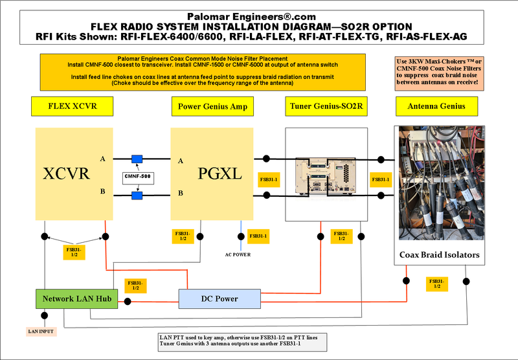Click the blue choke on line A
click(137, 159)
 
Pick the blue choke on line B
click(137, 194)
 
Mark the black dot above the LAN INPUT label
click(44, 316)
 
